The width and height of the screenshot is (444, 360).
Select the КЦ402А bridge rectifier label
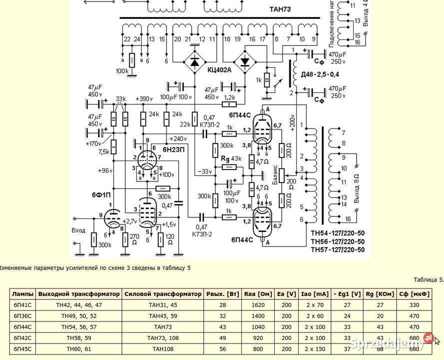pyautogui.click(x=220, y=70)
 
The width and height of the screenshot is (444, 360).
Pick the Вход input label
pyautogui.click(x=78, y=230)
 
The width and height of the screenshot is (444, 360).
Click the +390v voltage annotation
pyautogui.click(x=144, y=98)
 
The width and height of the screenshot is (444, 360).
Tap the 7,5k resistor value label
pyautogui.click(x=103, y=151)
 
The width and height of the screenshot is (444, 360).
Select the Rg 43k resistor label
pyautogui.click(x=232, y=158)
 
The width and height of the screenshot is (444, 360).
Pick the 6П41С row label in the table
pyautogui.click(x=22, y=304)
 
